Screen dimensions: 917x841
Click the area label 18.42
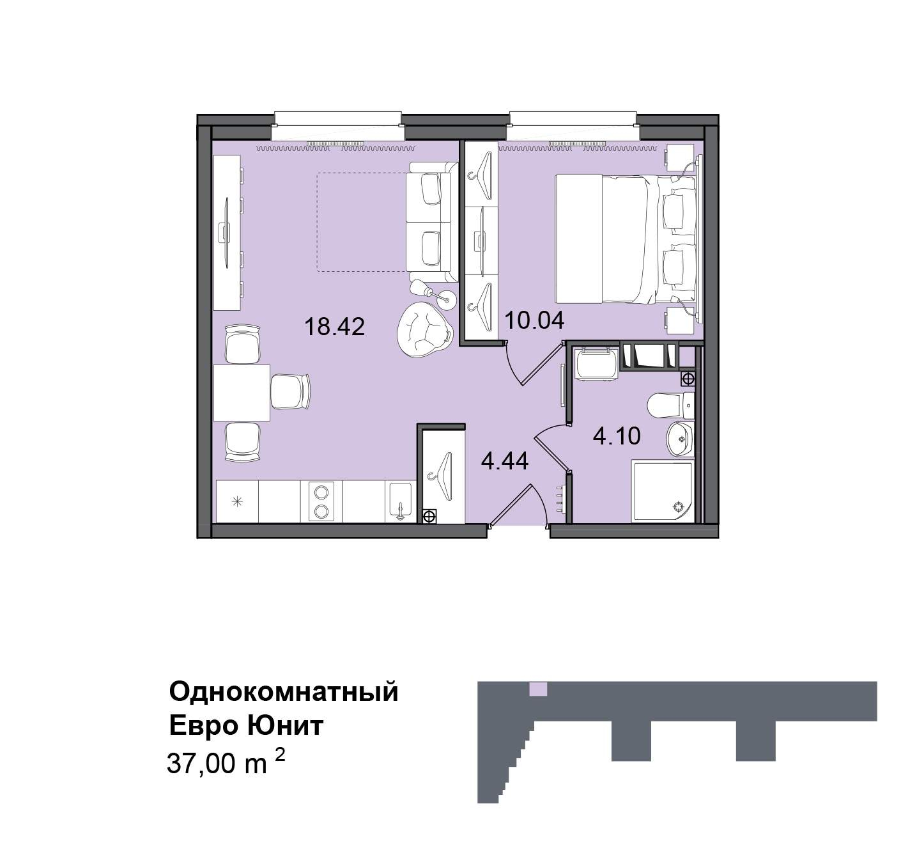click(335, 327)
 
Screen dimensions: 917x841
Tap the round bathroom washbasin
click(680, 439)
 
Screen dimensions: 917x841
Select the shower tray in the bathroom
click(663, 491)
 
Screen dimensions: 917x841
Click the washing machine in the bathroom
click(596, 364)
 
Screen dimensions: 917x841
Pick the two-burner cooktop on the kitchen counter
click(321, 501)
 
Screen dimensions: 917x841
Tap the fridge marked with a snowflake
click(237, 501)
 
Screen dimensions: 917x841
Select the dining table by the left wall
click(242, 392)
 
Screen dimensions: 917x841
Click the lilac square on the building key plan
click(538, 689)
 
